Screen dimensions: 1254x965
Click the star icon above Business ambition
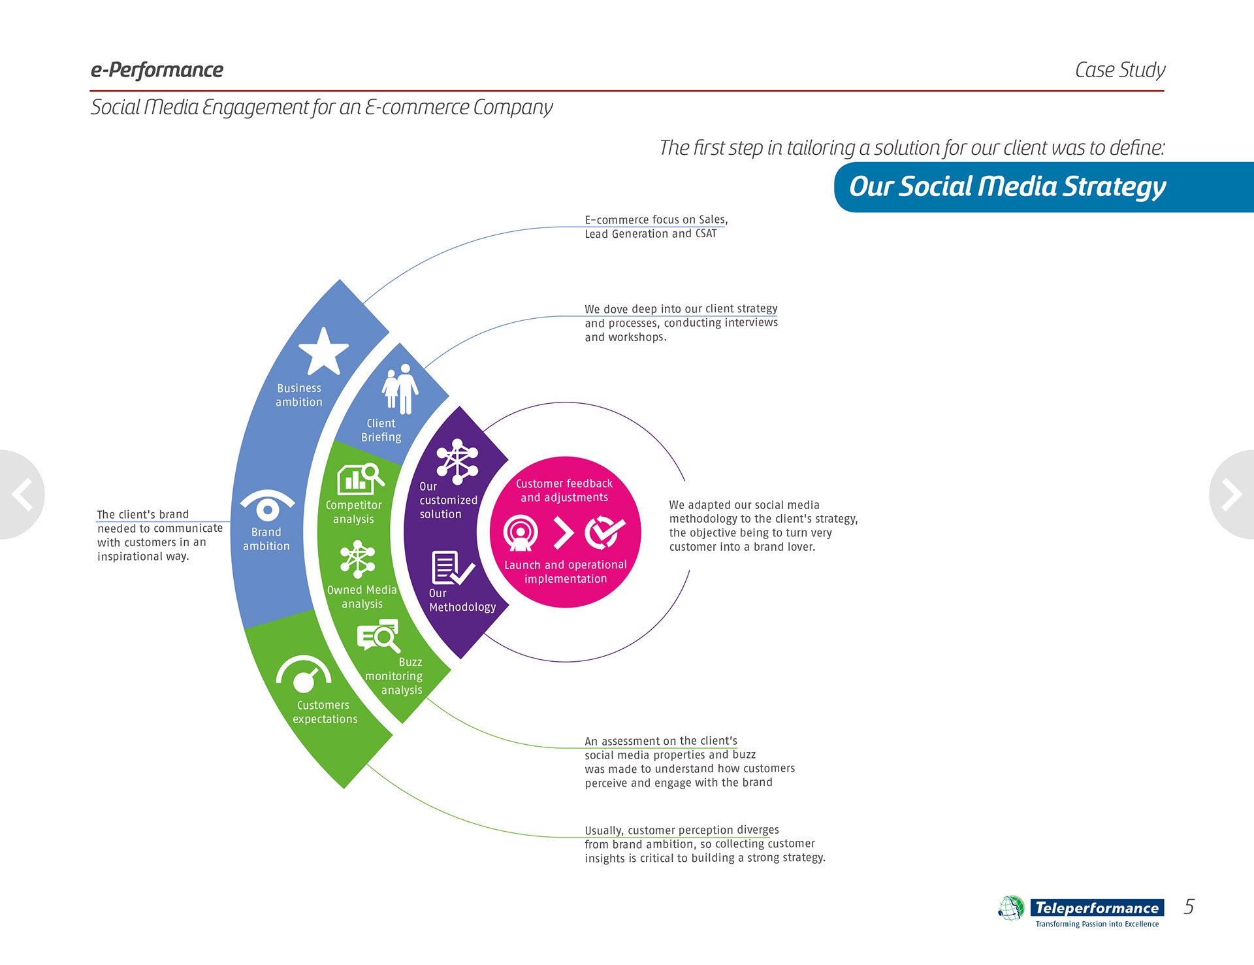click(323, 352)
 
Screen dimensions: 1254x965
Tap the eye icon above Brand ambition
click(267, 506)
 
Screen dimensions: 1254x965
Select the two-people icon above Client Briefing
click(400, 389)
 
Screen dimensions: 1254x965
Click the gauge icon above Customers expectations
click(304, 674)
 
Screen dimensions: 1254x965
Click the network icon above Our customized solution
click(457, 461)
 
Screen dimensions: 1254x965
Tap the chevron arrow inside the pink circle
click(563, 532)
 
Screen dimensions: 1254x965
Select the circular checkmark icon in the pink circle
click(605, 532)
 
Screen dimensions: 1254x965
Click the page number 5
click(1189, 907)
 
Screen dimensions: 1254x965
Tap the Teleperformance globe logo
click(1011, 908)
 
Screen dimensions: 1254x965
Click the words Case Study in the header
click(1120, 70)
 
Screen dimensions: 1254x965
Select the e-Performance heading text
click(157, 70)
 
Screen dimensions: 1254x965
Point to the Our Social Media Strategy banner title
click(1007, 187)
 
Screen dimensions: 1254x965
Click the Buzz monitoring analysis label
click(394, 676)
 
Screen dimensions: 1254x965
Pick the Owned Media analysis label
click(362, 597)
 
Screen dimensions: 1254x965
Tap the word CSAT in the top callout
click(706, 234)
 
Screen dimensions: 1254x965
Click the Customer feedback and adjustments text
click(564, 491)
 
